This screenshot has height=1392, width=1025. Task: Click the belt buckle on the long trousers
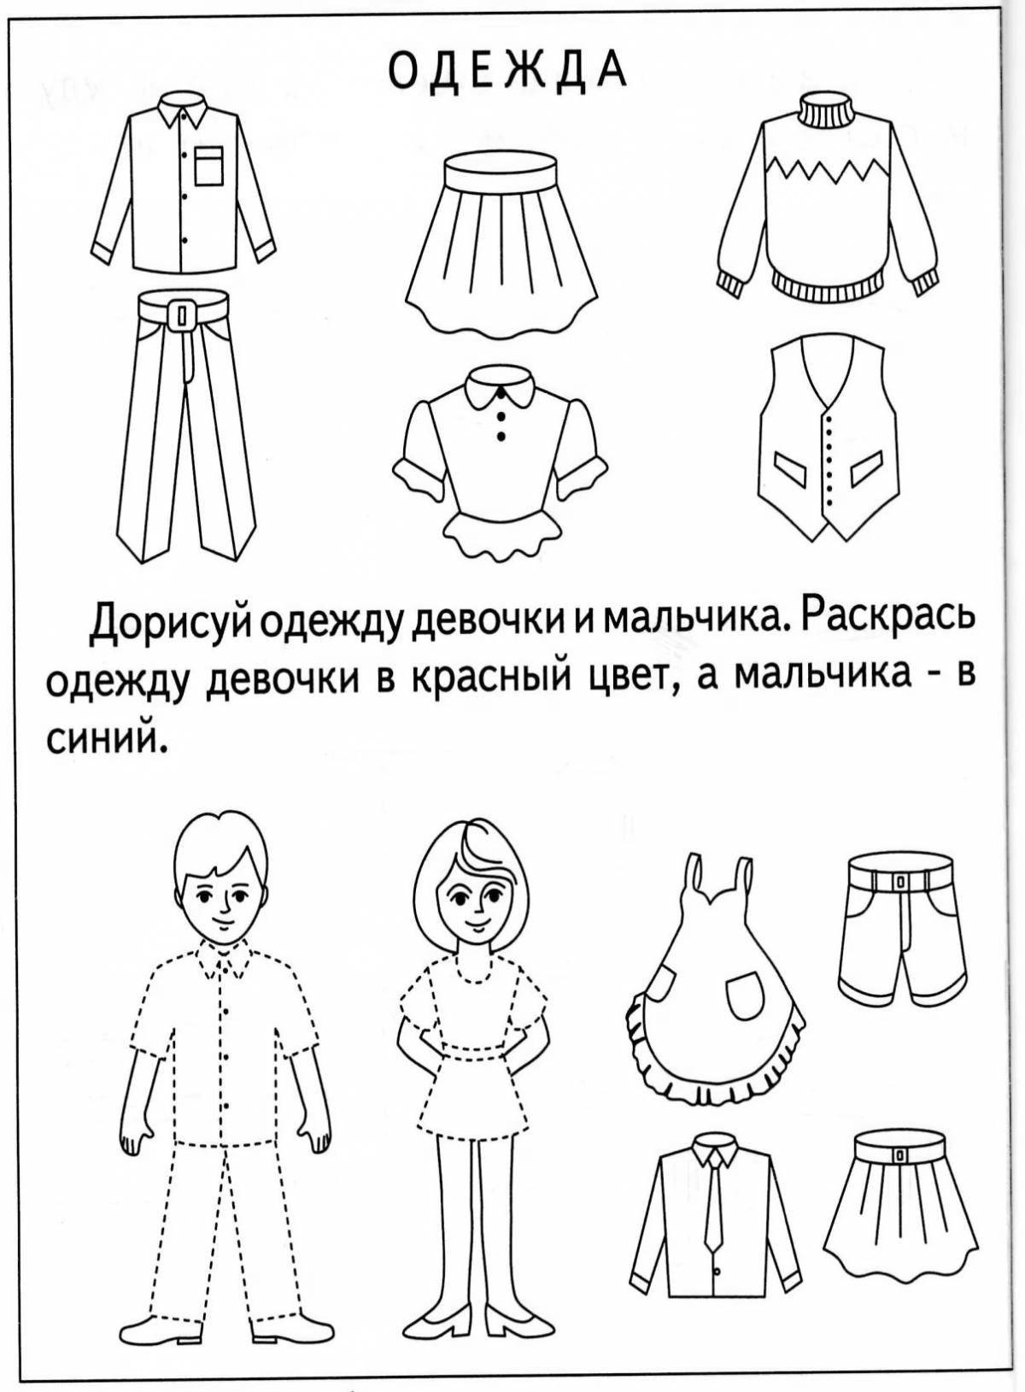(x=180, y=317)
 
